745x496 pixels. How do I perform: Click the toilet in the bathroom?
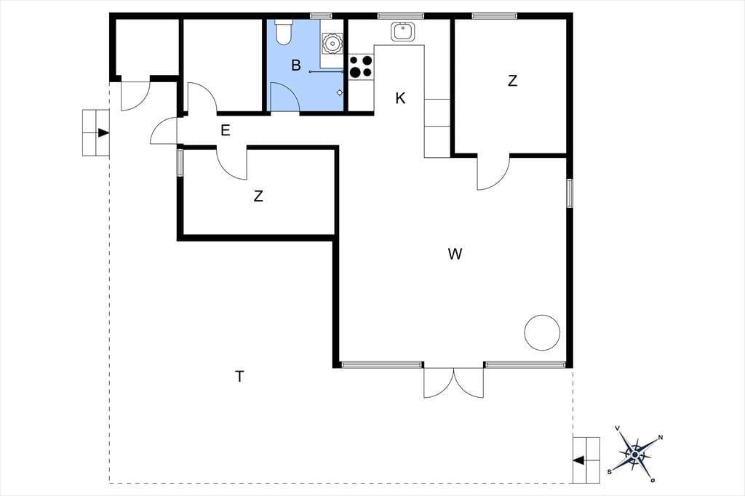[284, 32]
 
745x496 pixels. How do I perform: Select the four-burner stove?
[361, 66]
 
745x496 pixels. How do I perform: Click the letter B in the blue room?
[296, 65]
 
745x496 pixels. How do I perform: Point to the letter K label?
[401, 98]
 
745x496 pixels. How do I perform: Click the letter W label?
[455, 254]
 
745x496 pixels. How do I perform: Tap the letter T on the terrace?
[240, 376]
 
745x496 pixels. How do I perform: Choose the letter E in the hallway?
[226, 130]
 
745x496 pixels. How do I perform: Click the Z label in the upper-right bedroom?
[512, 81]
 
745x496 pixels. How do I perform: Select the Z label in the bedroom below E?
[258, 196]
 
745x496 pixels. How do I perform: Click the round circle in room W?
[542, 332]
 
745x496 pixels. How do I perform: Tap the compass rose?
[635, 455]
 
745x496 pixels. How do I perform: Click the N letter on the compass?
[661, 438]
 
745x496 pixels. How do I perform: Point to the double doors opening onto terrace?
[454, 383]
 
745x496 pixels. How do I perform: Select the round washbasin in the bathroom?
[332, 43]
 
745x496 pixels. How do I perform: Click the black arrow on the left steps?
[103, 133]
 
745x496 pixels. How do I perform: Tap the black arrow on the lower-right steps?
[578, 460]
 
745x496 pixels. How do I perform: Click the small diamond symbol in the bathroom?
[340, 93]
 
